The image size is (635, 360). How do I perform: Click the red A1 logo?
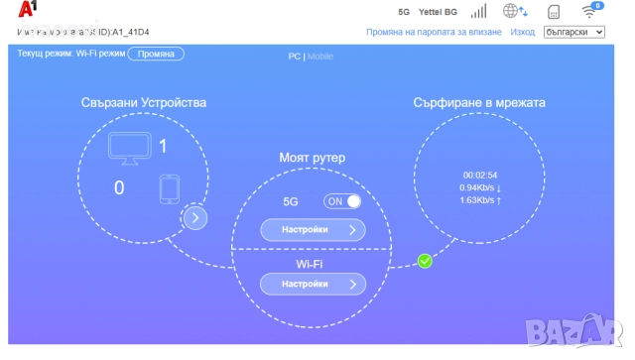coord(27,11)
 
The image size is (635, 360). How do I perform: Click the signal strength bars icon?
coord(479,11)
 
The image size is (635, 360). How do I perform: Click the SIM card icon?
coord(555,12)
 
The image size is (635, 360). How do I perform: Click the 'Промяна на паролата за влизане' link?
coord(433,32)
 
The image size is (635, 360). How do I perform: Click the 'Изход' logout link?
coord(522,32)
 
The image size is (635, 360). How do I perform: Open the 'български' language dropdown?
coord(574,32)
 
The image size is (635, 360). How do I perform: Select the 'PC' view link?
coord(294,57)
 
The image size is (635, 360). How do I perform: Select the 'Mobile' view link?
coord(320,57)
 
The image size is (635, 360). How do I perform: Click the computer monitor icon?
coord(129,147)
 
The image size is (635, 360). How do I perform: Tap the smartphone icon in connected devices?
coord(169,187)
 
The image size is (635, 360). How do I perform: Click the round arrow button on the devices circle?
coord(195,217)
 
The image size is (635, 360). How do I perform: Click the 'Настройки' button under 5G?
coord(313,229)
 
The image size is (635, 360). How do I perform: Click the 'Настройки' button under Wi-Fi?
coord(313,284)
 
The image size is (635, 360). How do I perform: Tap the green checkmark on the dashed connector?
coord(425,261)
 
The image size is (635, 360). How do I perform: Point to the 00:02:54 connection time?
coord(479,175)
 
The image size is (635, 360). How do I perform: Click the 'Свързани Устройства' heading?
coord(144,103)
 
